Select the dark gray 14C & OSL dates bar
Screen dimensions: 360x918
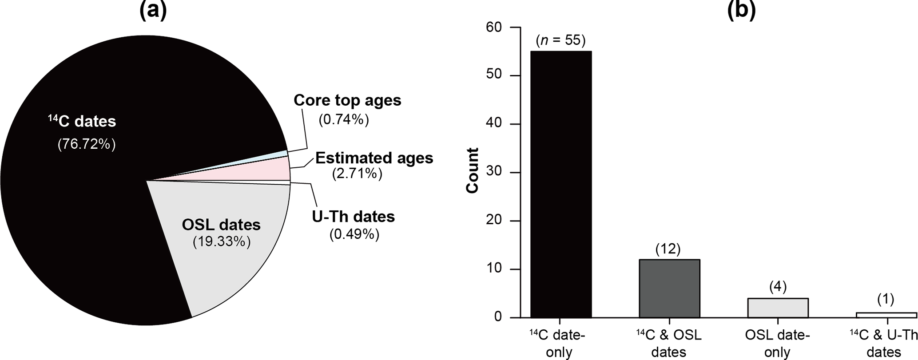pos(669,289)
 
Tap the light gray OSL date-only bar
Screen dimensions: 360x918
pos(778,308)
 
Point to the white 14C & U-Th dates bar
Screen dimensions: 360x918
pos(886,315)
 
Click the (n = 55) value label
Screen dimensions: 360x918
pos(560,40)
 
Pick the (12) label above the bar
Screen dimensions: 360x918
pos(668,249)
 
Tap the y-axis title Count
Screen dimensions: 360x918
pos(473,171)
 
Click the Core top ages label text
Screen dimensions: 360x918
pos(347,100)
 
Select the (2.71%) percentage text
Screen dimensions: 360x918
pos(357,174)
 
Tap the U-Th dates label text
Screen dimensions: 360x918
pos(354,217)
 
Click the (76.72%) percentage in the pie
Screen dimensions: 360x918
pos(87,144)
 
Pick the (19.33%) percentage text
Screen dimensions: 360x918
pos(221,242)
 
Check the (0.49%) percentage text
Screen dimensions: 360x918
pos(354,234)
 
